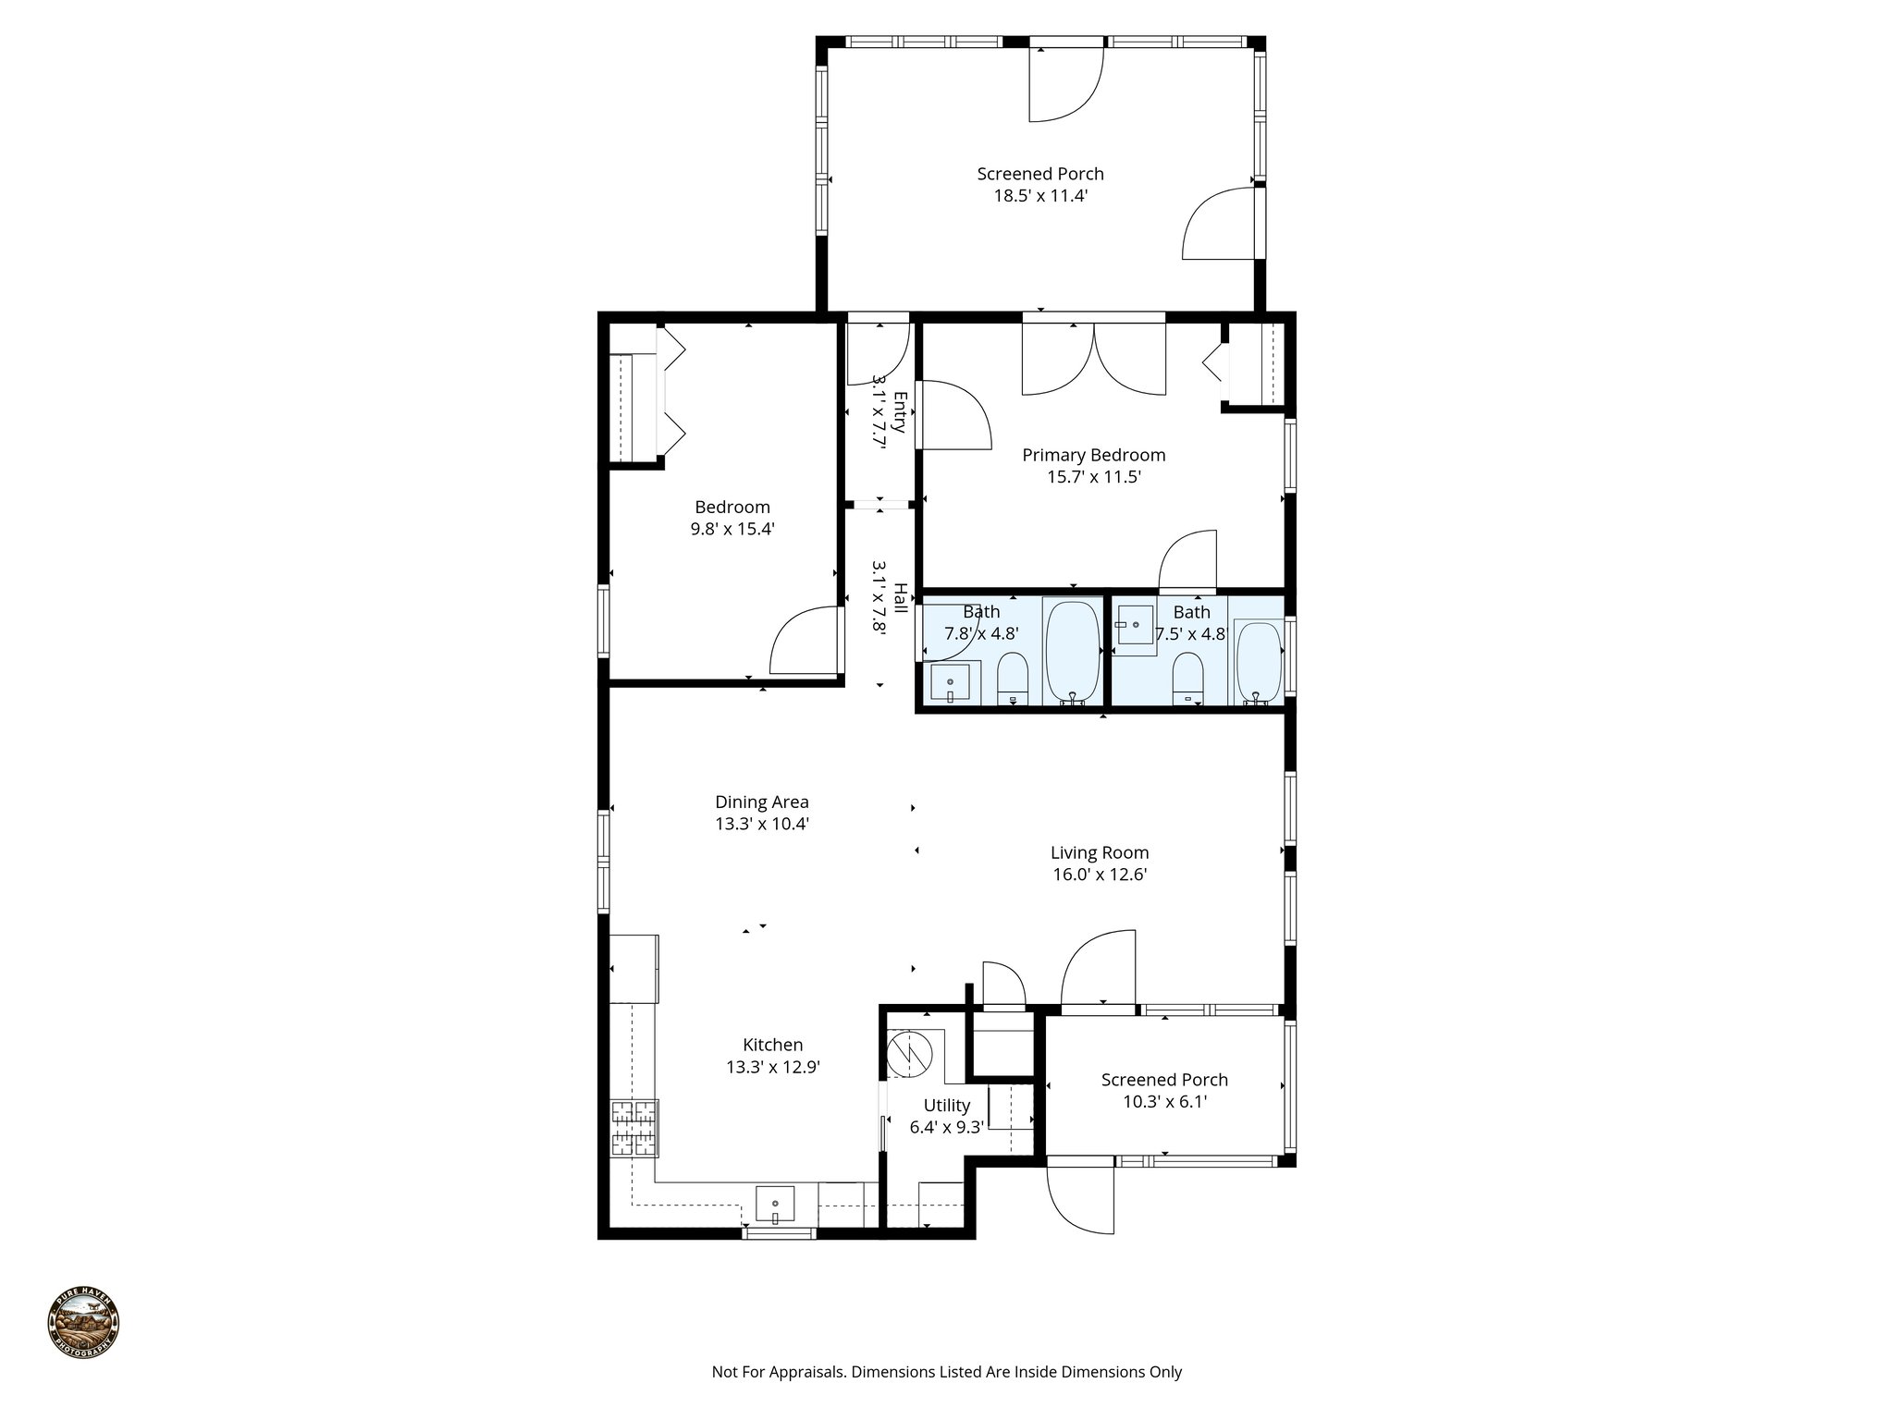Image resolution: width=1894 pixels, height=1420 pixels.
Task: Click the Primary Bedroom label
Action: click(1093, 455)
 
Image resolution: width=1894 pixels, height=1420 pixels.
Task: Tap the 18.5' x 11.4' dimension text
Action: click(1039, 196)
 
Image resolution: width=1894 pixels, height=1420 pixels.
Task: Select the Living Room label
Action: click(1099, 852)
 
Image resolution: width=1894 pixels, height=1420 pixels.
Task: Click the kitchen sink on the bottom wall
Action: click(775, 1205)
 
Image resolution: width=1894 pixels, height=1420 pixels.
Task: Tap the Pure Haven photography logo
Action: click(83, 1323)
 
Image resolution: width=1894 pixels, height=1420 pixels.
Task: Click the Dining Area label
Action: click(761, 802)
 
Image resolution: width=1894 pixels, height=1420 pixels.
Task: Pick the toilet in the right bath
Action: click(1187, 679)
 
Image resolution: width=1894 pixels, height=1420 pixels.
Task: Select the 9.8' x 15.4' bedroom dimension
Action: click(732, 530)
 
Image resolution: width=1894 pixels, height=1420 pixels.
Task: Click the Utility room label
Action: click(946, 1105)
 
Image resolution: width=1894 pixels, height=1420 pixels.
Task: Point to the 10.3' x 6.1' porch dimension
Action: click(1163, 1102)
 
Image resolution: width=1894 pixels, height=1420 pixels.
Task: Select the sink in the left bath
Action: click(950, 684)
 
